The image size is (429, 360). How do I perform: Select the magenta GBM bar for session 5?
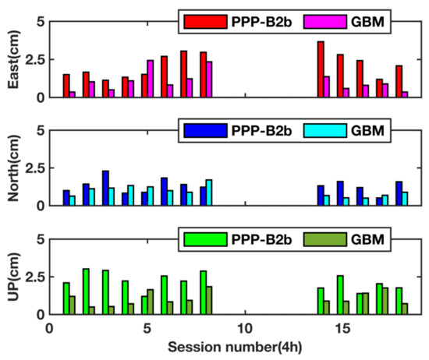tap(151, 79)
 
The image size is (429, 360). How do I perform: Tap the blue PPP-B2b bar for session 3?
tap(105, 188)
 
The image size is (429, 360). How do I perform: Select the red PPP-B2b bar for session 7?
tap(183, 74)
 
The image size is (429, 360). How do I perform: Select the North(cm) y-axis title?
tap(10, 168)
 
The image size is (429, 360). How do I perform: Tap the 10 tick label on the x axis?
tap(243, 329)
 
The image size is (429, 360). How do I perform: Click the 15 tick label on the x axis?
tap(341, 329)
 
